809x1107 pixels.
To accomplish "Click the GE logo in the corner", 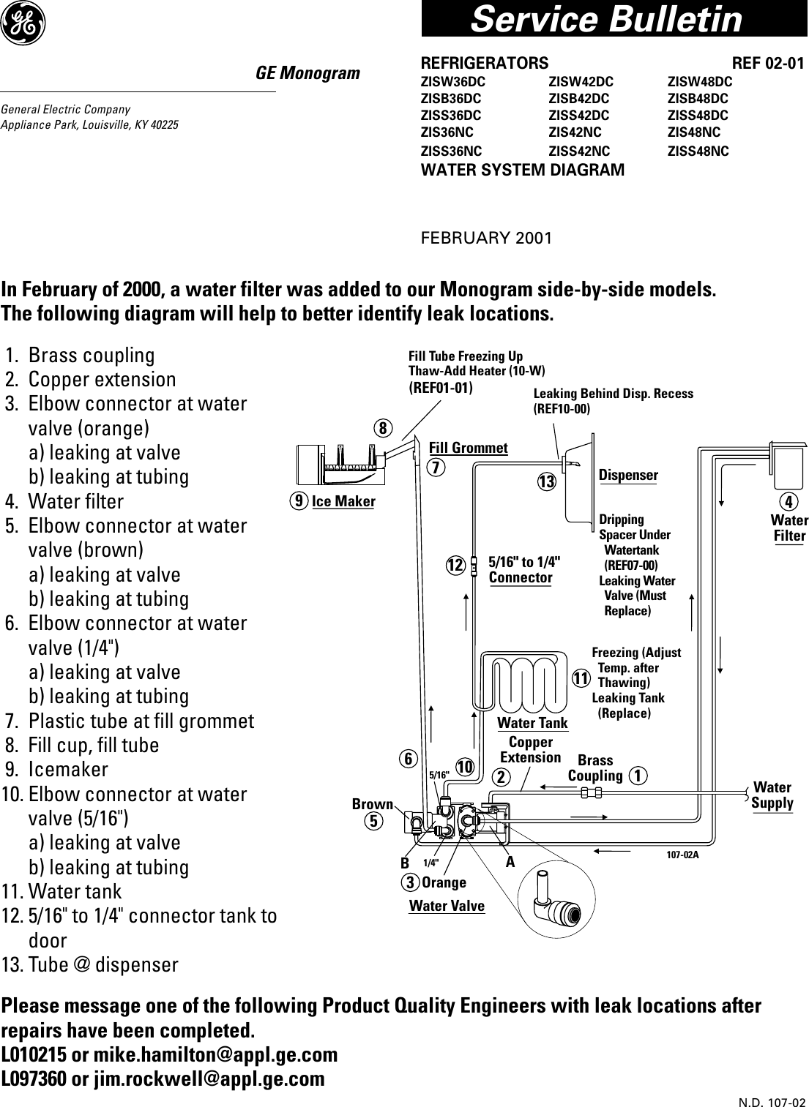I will click(23, 24).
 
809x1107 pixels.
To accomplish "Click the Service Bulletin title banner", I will click(606, 19).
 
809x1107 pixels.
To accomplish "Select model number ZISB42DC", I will click(578, 98).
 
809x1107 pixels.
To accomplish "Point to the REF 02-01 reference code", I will click(768, 64).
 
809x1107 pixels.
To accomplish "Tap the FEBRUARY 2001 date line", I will click(486, 239).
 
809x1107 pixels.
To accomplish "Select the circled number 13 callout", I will click(546, 482).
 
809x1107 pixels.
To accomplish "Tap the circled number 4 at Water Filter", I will click(789, 502).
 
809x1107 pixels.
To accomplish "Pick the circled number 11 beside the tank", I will click(581, 678).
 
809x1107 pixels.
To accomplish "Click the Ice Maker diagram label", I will click(343, 501).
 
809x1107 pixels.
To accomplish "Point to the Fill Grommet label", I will click(468, 448).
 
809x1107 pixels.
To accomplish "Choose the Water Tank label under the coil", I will click(532, 724).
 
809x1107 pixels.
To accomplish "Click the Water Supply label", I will click(772, 795).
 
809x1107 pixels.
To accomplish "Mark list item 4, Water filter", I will click(75, 502).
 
